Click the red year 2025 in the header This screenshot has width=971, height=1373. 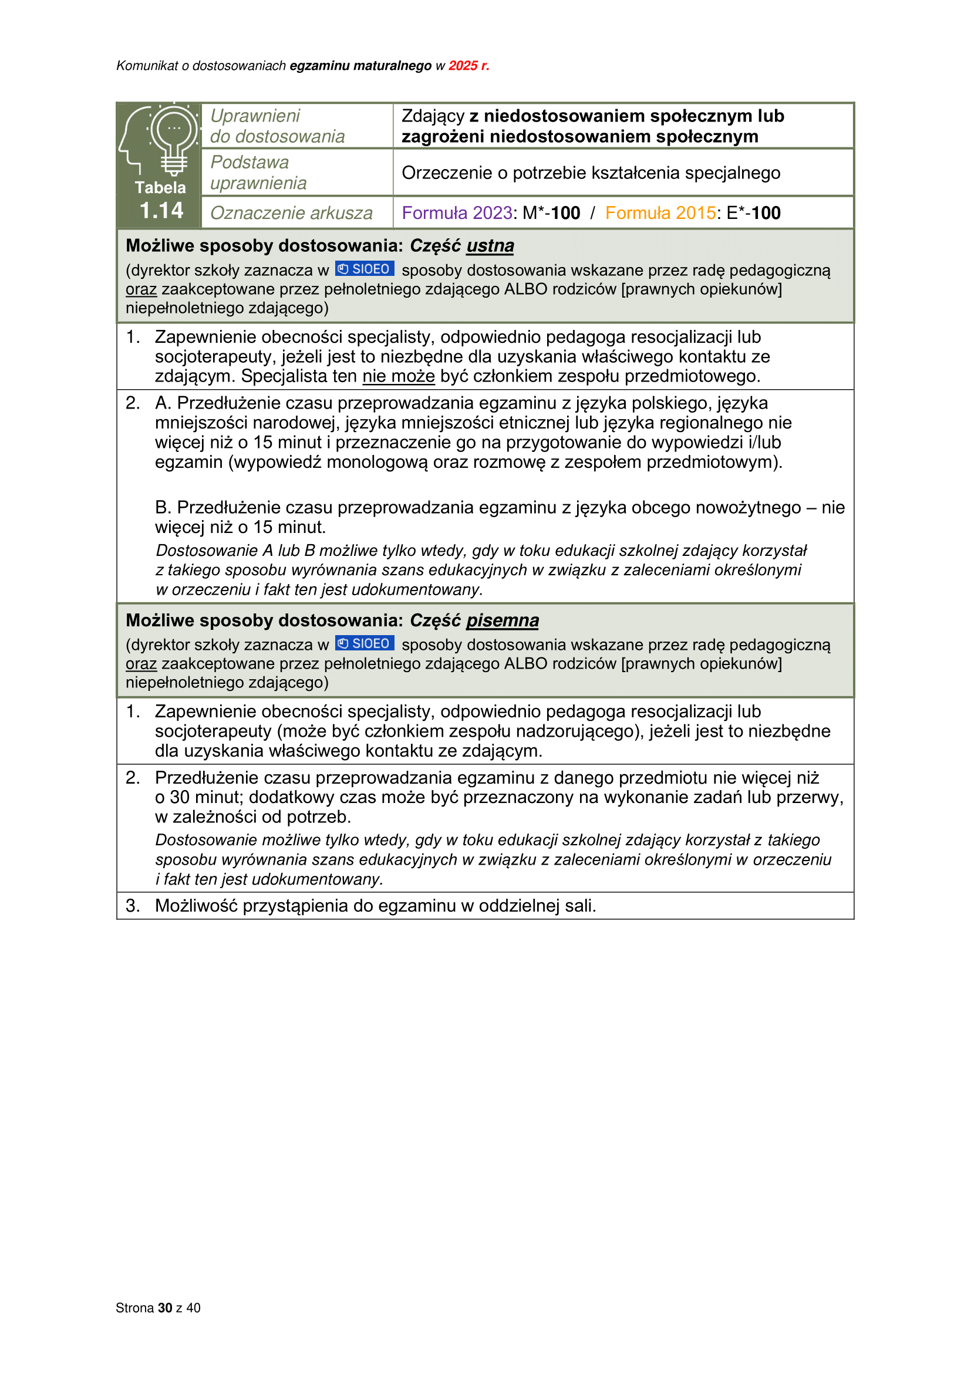(463, 66)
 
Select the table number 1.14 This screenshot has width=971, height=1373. (161, 211)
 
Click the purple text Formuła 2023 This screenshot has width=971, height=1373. (457, 213)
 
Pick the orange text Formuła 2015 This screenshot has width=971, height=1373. (660, 213)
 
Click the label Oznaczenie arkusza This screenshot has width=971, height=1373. (291, 213)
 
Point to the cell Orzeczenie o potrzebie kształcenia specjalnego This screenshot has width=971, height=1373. (591, 173)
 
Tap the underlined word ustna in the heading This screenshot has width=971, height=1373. (490, 246)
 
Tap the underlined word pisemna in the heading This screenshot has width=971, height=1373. (503, 620)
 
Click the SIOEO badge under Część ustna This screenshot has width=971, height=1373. (364, 269)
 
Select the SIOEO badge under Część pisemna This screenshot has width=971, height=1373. (364, 643)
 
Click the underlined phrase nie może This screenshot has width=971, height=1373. (399, 376)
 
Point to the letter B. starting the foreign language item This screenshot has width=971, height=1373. (163, 508)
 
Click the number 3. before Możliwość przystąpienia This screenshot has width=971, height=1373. (133, 905)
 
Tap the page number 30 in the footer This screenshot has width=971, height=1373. (165, 1308)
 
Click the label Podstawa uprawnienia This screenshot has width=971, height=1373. (258, 173)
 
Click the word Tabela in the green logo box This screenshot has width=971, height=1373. (160, 188)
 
